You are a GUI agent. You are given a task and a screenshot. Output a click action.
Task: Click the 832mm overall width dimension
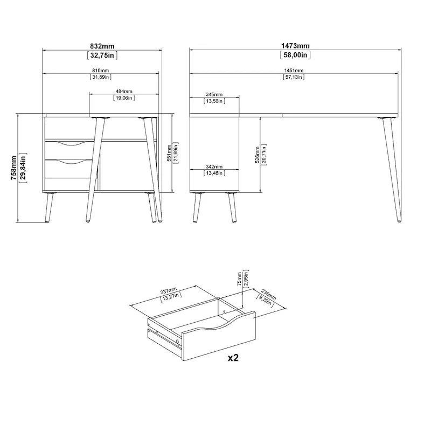click(102, 46)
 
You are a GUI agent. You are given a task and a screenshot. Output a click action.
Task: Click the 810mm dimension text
click(101, 71)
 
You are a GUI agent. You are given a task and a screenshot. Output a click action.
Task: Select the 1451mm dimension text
click(294, 71)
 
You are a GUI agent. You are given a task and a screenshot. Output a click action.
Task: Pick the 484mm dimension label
click(123, 92)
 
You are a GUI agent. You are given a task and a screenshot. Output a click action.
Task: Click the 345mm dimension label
click(214, 94)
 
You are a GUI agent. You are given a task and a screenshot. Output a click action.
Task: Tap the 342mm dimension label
click(214, 166)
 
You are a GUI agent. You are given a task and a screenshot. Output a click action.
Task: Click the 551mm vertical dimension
click(169, 152)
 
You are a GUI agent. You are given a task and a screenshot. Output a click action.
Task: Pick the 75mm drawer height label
click(240, 280)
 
